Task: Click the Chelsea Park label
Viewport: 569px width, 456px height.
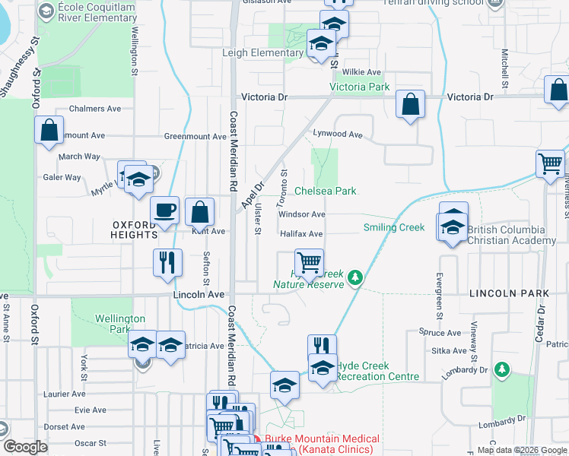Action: click(x=325, y=192)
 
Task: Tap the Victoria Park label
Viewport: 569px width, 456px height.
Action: click(x=359, y=87)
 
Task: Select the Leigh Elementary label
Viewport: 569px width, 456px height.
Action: click(x=262, y=53)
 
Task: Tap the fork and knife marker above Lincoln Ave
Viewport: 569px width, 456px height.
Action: click(x=167, y=262)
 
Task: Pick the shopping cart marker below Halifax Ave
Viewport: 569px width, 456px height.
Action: click(x=309, y=263)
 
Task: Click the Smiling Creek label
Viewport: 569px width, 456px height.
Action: click(x=394, y=227)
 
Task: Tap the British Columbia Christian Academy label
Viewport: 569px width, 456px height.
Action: click(x=511, y=235)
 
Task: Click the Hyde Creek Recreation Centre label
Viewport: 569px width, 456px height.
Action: click(x=377, y=371)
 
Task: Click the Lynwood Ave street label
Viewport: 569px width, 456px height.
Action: click(x=339, y=134)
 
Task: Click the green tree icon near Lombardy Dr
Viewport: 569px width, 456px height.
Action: click(x=501, y=369)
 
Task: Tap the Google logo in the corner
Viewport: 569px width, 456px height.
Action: click(x=25, y=447)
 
